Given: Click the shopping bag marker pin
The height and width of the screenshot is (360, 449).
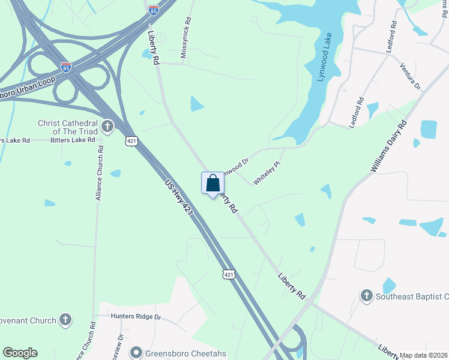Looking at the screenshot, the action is coord(212,184).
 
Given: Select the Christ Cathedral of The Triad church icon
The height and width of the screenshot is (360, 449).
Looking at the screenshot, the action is coord(107,127).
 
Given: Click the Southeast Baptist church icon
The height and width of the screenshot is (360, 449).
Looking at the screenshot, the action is coord(366,295).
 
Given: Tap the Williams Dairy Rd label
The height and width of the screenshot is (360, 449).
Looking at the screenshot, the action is coord(389,146).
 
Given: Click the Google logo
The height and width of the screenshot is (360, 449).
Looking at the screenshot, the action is coord(20,353).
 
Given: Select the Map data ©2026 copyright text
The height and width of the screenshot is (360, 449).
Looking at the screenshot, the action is coord(424,355).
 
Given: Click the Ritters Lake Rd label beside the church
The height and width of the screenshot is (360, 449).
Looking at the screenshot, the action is coord(73,140).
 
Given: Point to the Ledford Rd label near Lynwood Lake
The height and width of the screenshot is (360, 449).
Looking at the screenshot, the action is coord(357,112).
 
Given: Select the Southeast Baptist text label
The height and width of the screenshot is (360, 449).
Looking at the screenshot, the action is coord(412,296).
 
